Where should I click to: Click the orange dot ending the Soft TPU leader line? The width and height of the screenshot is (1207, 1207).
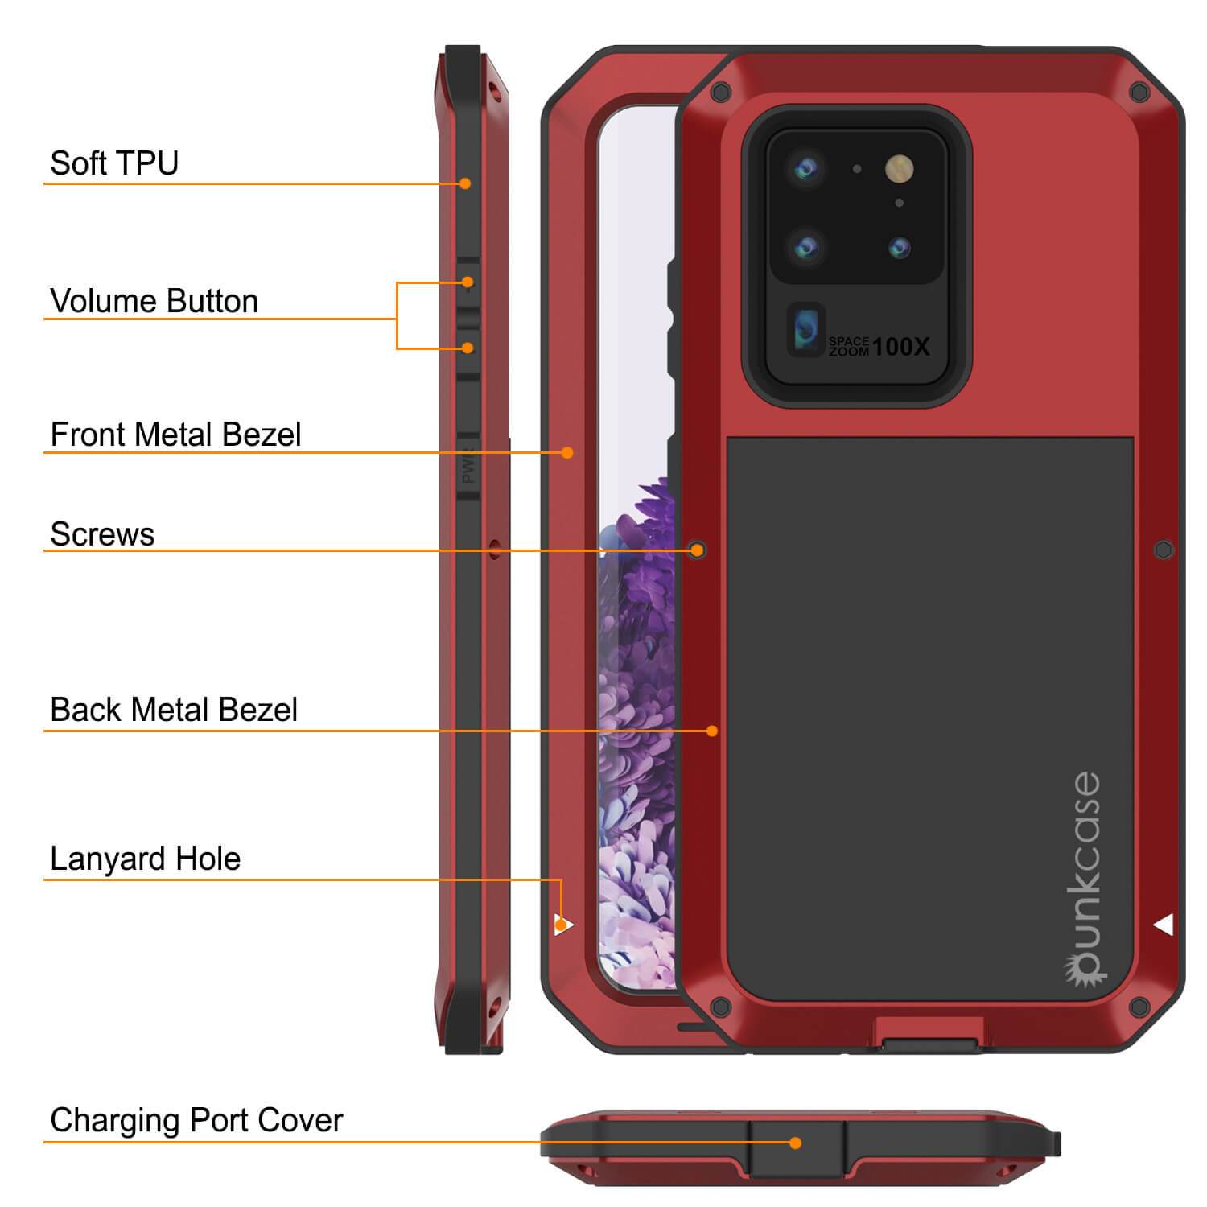click(465, 183)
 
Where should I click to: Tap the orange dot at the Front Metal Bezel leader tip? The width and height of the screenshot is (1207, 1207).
click(567, 452)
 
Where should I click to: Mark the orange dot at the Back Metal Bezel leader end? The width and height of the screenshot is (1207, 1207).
click(712, 731)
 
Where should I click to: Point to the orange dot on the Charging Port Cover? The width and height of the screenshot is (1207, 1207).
click(795, 1143)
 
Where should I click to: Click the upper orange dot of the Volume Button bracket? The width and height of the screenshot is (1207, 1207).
click(468, 282)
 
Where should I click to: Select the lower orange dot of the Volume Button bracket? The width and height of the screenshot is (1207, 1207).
click(468, 348)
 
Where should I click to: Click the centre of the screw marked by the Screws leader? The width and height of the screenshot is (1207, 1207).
click(698, 550)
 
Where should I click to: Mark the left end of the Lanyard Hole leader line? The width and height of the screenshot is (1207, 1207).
click(44, 880)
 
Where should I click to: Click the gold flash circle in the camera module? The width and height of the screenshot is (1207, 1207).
click(900, 168)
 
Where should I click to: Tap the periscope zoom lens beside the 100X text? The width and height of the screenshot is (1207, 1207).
click(805, 330)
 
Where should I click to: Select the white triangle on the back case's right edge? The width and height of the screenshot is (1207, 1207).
click(1164, 925)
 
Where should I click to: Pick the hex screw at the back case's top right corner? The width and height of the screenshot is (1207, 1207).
click(1139, 92)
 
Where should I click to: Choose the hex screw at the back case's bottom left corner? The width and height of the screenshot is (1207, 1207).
click(720, 1005)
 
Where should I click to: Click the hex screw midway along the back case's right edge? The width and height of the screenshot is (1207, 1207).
click(1164, 550)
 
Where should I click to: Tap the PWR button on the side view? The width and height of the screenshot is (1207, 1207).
click(468, 468)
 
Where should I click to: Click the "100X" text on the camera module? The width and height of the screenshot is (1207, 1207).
click(900, 347)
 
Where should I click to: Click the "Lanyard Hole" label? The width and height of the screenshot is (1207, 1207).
click(145, 859)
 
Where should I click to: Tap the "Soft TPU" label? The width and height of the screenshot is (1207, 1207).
click(114, 163)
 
